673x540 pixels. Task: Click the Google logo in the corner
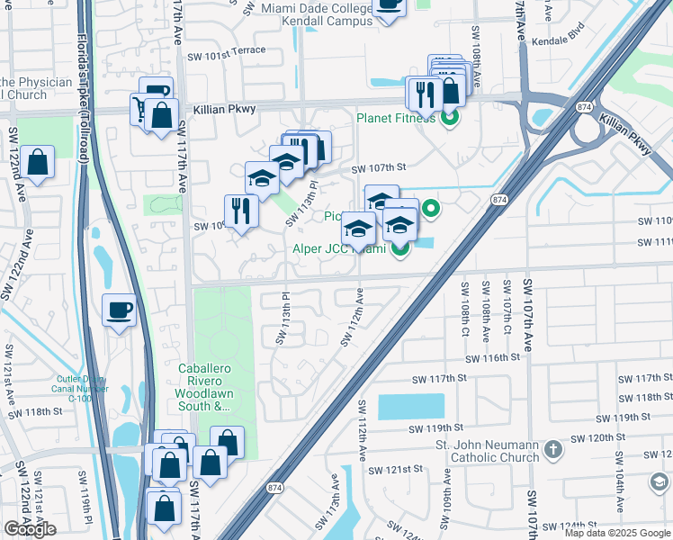(31, 528)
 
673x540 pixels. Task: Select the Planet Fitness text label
(396, 118)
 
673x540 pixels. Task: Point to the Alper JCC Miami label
(338, 249)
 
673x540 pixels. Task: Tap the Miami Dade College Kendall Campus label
(315, 14)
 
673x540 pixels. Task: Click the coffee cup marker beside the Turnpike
(119, 311)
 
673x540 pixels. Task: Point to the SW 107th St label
(379, 167)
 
